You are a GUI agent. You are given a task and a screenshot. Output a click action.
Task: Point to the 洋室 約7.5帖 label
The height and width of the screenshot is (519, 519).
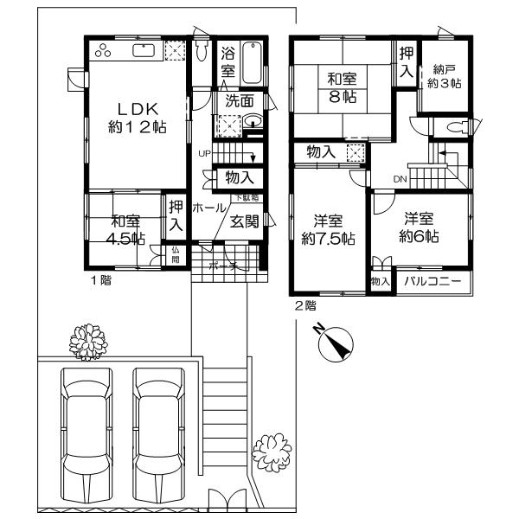[327, 228]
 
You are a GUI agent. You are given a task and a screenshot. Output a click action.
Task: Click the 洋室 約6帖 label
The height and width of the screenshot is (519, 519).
[421, 227]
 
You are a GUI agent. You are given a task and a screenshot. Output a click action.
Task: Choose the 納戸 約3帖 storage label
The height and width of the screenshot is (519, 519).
[445, 76]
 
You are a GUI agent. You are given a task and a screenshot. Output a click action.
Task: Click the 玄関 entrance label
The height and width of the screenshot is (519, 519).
[244, 221]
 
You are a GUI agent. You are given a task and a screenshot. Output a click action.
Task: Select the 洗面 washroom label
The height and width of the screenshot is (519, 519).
[240, 100]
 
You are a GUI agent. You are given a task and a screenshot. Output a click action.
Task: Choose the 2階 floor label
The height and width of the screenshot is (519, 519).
[304, 304]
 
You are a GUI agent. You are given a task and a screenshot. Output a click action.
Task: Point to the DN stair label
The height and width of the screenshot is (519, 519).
[400, 179]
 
